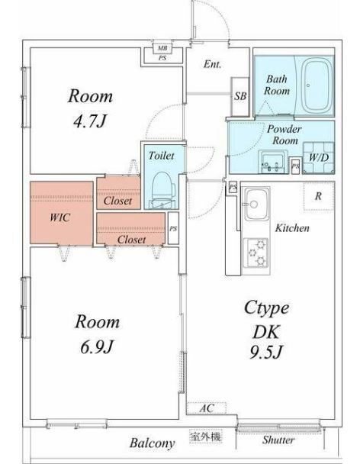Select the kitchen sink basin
(x=256, y=204)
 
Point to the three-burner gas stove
(x=256, y=253)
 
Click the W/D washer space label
(x=319, y=157)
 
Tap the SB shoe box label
(x=240, y=96)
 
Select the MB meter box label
(x=162, y=48)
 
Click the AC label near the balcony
(x=207, y=408)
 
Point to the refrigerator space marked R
(x=319, y=196)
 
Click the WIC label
(x=60, y=217)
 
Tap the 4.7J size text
(x=89, y=121)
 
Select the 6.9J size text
(x=97, y=346)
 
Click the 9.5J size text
(x=266, y=352)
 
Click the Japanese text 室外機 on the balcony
(x=206, y=437)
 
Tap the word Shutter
(x=278, y=440)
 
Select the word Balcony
(x=152, y=443)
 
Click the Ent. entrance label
(x=212, y=64)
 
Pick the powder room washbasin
(x=273, y=162)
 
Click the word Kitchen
(x=292, y=228)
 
